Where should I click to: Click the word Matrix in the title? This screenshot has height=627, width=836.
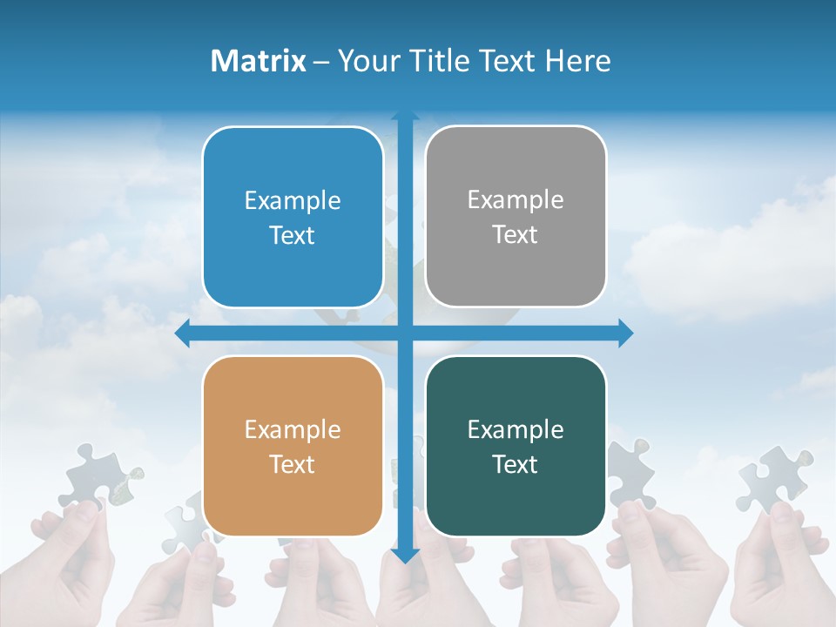(x=259, y=61)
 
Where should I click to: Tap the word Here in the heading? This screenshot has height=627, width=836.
(x=577, y=61)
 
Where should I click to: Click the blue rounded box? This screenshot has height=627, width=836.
(x=293, y=217)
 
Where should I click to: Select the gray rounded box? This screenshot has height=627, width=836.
(x=516, y=216)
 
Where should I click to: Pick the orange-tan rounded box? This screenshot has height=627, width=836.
(x=293, y=446)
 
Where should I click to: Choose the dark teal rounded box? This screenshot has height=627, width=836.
(x=516, y=446)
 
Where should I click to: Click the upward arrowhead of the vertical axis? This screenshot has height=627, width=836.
(x=405, y=116)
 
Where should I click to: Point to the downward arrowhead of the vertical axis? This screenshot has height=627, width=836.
(x=405, y=555)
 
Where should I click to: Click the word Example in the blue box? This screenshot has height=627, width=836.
(x=293, y=201)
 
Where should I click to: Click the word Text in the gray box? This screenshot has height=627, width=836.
(x=516, y=234)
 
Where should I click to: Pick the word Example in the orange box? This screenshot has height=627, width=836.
(x=293, y=429)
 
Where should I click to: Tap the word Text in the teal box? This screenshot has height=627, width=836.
(x=516, y=464)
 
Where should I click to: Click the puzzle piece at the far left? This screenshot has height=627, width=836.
(x=96, y=475)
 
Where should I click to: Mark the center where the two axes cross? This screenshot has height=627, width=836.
(x=405, y=334)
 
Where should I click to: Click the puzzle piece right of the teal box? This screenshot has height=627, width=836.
(x=631, y=470)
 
